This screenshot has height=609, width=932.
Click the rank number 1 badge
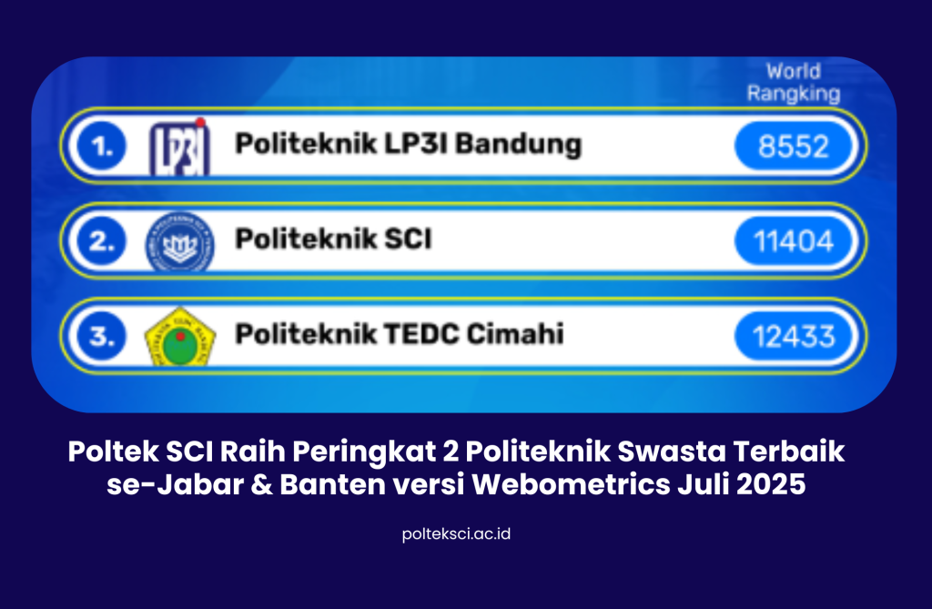pos(102,147)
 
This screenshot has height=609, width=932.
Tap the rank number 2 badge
pos(102,241)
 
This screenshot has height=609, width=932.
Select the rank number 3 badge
pos(102,337)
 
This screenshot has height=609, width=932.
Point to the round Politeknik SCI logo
pos(179,242)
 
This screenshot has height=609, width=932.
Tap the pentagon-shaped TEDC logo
pos(180,337)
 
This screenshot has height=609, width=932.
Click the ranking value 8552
pos(794,147)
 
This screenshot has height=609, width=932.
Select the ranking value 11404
pos(794,241)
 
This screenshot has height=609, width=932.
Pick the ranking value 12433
pos(794,337)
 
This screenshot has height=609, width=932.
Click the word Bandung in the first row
pos(518,145)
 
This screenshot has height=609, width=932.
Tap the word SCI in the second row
pos(408,239)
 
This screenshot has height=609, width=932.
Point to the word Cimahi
pos(515,334)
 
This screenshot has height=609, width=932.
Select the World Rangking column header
pos(794,83)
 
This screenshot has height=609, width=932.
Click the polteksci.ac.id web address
pos(456,533)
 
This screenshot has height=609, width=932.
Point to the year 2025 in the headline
pos(771,484)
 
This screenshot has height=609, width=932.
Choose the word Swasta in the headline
pos(672,452)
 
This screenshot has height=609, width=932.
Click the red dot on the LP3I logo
pos(200,123)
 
